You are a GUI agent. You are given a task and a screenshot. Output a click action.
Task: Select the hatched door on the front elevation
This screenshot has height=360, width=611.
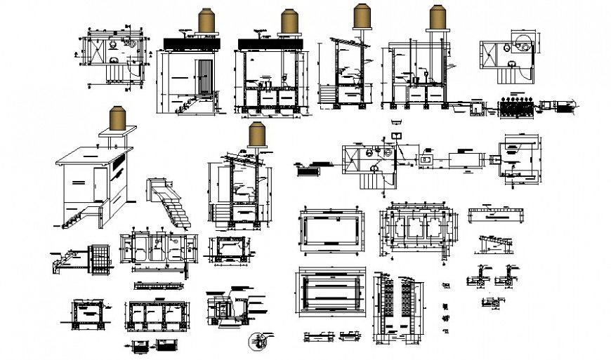point(204,76)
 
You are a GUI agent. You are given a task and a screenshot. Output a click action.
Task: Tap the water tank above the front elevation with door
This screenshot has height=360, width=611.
point(206,20)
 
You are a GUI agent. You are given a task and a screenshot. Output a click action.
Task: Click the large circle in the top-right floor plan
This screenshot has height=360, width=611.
point(523,43)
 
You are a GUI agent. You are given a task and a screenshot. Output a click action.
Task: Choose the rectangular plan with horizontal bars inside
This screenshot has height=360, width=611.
point(331,295)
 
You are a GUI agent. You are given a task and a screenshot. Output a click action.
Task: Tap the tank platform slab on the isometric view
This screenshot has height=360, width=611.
point(117,131)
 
